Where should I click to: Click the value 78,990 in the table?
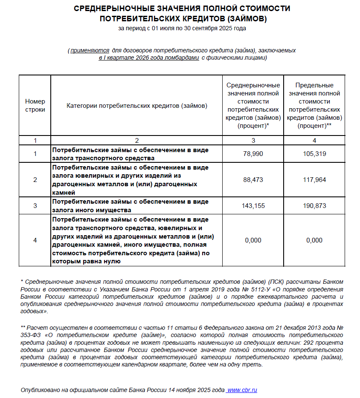(253, 154)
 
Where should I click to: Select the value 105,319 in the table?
(314, 154)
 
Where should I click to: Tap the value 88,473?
(253, 180)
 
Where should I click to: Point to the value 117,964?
(314, 180)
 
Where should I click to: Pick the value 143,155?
(253, 206)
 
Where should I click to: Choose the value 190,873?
(314, 206)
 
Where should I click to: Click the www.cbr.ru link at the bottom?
(242, 390)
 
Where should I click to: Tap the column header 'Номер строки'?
(35, 105)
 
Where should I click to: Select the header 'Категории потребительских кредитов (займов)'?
(137, 105)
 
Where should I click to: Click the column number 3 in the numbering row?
(253, 140)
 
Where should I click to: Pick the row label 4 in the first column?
(35, 240)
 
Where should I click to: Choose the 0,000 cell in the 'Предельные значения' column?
(314, 240)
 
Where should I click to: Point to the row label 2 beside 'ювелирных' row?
(35, 180)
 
